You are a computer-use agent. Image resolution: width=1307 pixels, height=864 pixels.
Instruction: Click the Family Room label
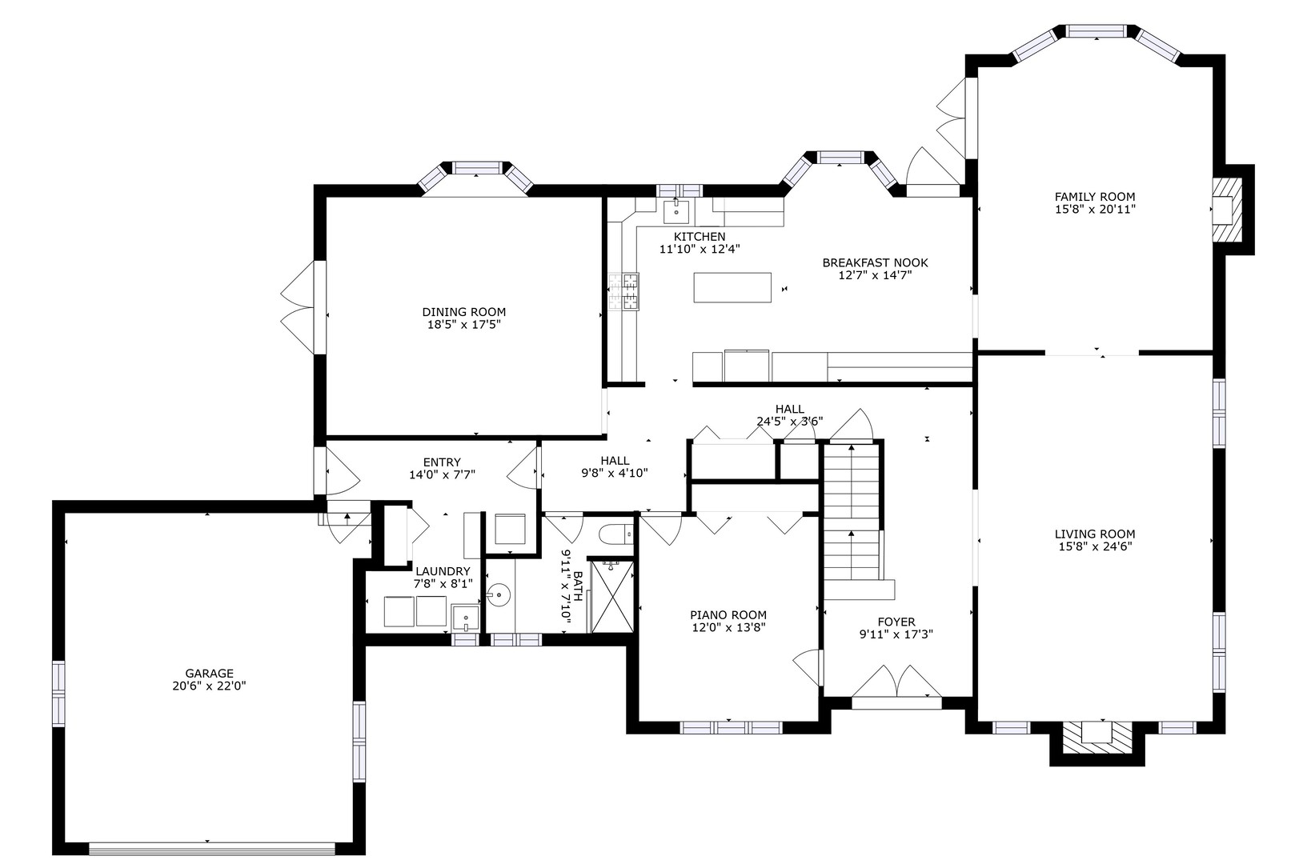pos(1095,197)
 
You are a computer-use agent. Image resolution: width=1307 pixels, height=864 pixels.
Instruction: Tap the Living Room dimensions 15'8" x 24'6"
pos(1095,546)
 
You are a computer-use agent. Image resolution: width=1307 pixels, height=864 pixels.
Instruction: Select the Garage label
pos(210,674)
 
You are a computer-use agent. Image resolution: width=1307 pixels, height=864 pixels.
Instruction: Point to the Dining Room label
pos(464,312)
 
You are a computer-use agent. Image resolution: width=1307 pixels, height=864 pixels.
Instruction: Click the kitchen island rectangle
pos(732,287)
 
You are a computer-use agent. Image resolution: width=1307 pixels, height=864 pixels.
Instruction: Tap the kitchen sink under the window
pos(676,212)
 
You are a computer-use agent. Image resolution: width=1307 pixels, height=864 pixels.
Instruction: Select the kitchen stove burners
pos(623,292)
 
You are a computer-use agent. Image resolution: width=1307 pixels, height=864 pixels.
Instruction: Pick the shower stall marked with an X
pos(611,596)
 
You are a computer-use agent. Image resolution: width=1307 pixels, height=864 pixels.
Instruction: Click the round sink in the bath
pos(499,595)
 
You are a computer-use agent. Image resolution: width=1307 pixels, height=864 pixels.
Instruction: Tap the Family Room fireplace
pos(1227,210)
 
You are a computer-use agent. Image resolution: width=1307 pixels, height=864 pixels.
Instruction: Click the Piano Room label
pos(728,615)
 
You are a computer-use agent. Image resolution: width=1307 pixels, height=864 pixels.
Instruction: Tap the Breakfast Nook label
pos(876,262)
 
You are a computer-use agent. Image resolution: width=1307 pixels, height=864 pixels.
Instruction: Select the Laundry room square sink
pos(466,618)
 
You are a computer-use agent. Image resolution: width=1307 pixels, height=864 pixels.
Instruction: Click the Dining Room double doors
pos(303,307)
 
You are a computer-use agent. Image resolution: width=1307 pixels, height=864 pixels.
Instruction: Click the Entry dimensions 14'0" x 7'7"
pos(443,475)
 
